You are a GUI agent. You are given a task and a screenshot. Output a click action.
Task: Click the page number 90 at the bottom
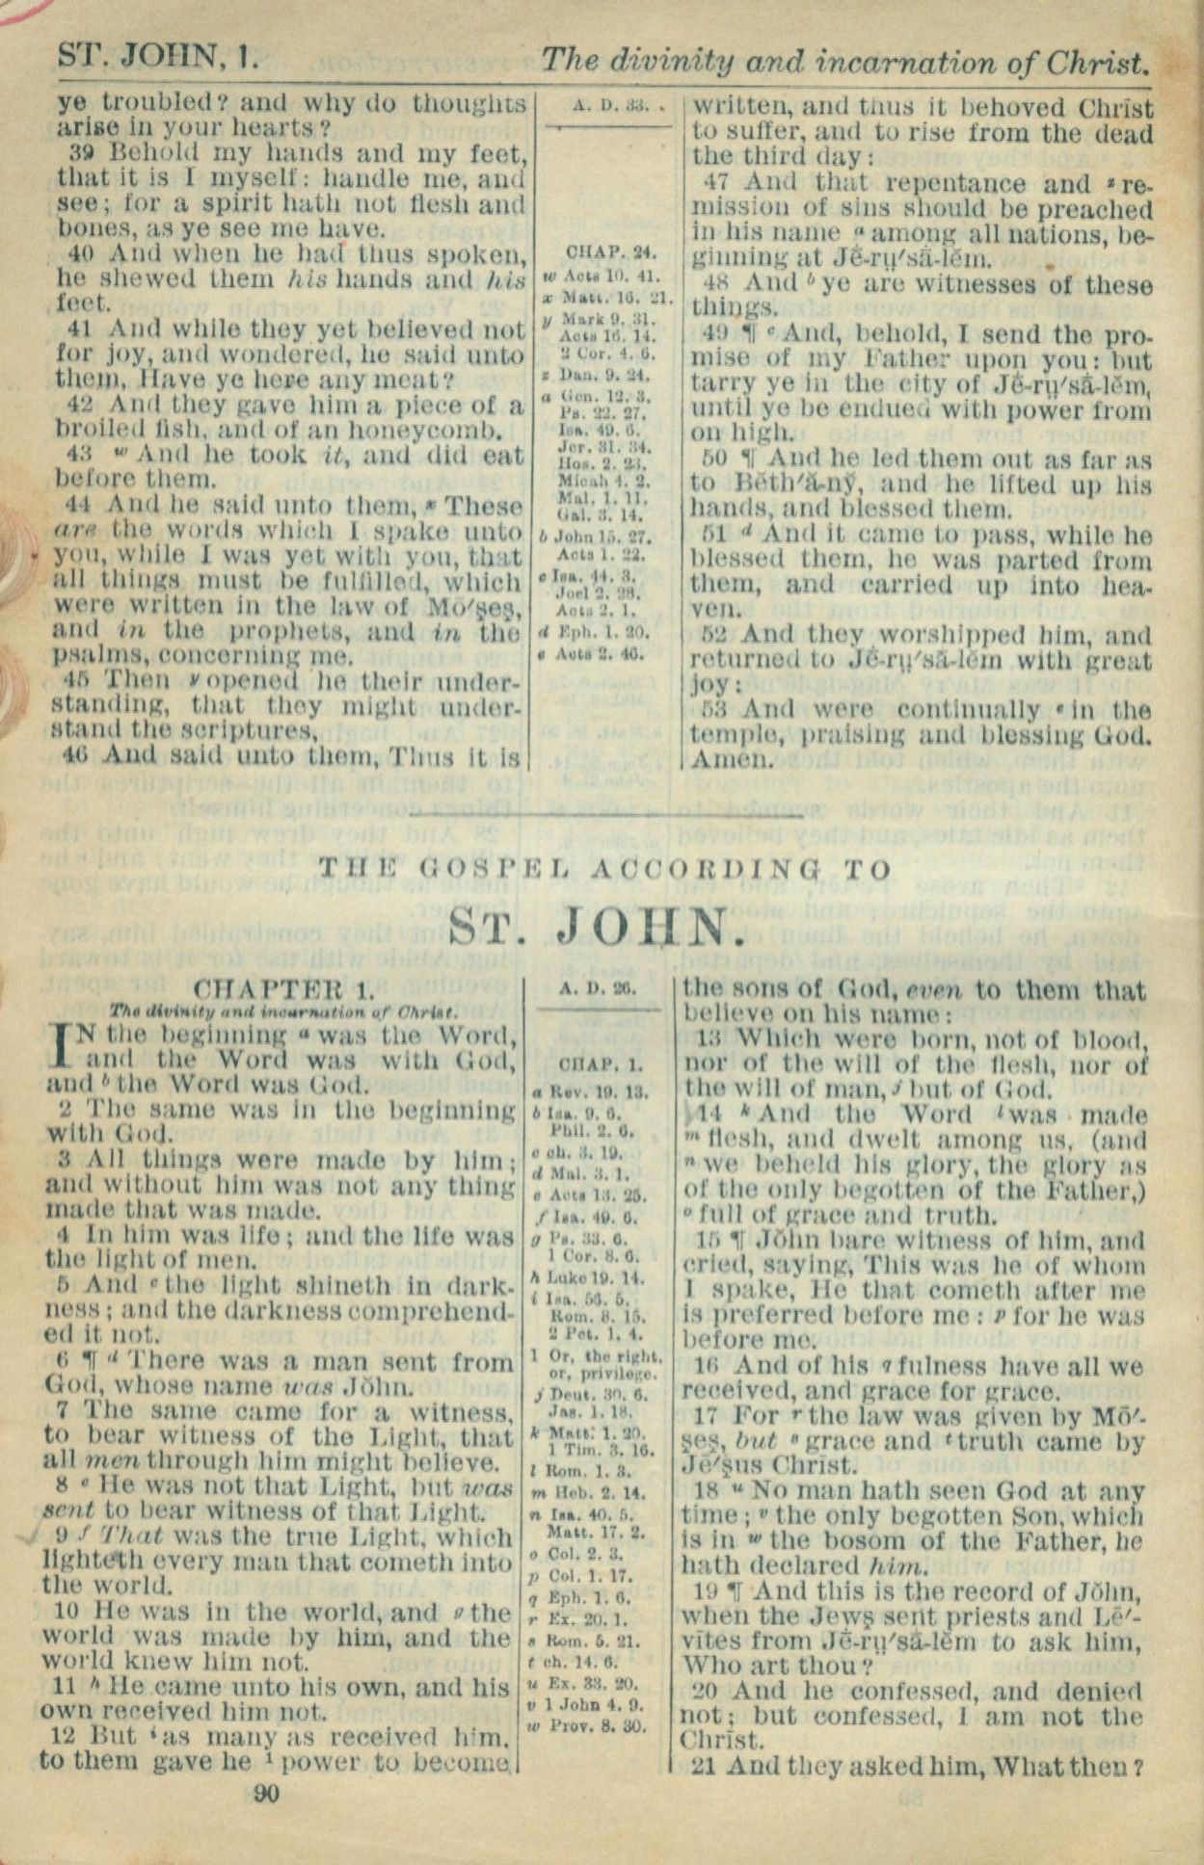(265, 1793)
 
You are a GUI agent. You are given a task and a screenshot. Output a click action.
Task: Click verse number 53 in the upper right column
(710, 710)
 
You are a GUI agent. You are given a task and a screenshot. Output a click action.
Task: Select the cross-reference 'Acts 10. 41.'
(612, 276)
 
